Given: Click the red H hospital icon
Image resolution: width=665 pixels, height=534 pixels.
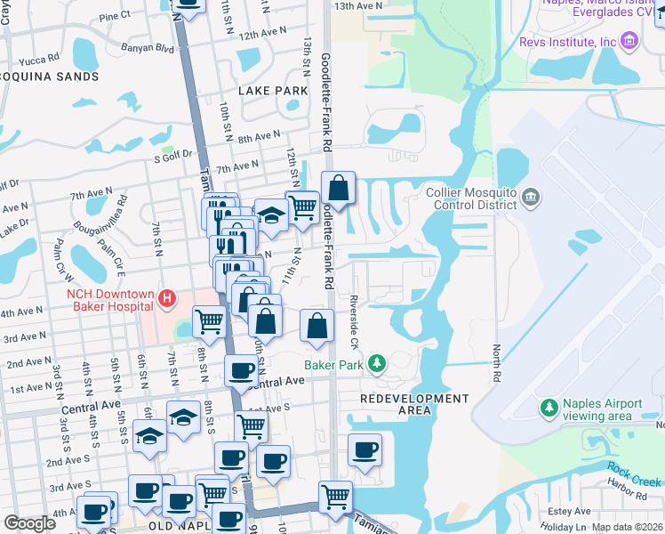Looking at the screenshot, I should [x=165, y=299].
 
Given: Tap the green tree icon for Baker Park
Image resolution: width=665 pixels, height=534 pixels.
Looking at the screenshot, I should [x=378, y=363].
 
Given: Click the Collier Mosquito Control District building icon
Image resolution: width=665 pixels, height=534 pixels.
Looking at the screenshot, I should [x=531, y=196].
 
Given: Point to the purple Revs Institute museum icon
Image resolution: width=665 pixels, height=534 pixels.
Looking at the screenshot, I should [x=629, y=41].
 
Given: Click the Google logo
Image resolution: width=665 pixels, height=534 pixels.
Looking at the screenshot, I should [x=29, y=523].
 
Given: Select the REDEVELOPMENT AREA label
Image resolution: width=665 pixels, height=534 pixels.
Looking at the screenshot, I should [x=414, y=404].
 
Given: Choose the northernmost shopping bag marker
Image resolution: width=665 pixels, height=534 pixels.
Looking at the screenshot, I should [x=338, y=189].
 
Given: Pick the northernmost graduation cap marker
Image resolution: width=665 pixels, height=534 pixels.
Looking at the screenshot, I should [x=271, y=214].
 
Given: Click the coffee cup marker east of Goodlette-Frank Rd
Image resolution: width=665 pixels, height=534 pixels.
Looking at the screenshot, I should [x=365, y=450].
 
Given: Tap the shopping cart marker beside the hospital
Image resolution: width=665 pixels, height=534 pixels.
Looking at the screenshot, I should [x=209, y=321].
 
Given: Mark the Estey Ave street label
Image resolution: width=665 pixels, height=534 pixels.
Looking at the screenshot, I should [x=570, y=511].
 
